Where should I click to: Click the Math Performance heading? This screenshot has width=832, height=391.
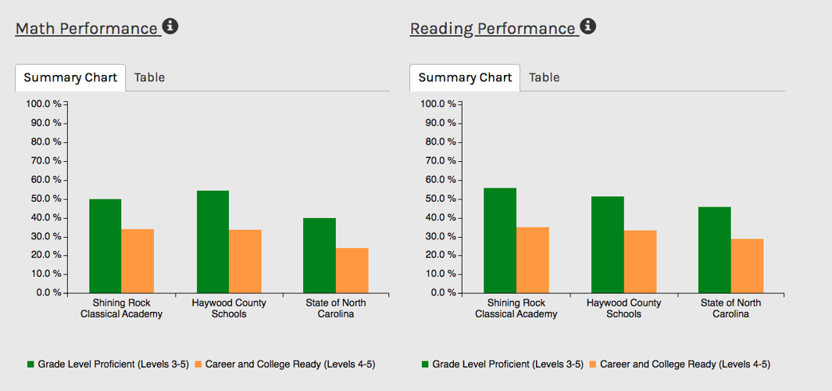(86, 29)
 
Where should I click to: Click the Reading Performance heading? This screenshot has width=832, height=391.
(492, 29)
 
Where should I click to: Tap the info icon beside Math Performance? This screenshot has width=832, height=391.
(170, 27)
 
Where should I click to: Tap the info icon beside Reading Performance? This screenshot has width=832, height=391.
(588, 27)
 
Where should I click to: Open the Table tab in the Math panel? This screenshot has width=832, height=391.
(149, 77)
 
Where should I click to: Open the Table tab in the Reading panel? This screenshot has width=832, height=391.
(544, 77)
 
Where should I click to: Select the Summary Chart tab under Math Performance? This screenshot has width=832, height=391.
(70, 77)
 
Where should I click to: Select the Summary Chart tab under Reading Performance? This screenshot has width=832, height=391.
(465, 77)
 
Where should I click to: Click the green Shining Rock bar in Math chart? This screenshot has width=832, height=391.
(105, 246)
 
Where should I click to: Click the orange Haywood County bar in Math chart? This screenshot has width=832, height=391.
(245, 262)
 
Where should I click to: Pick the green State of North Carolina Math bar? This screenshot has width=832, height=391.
(320, 256)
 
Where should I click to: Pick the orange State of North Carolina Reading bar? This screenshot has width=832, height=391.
(747, 266)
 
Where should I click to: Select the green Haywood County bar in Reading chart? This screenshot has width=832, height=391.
(607, 245)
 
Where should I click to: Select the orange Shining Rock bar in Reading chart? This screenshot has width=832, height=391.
(532, 260)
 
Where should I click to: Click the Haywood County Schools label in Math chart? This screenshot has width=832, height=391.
(229, 308)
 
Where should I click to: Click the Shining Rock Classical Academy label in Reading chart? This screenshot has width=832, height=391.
(516, 308)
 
